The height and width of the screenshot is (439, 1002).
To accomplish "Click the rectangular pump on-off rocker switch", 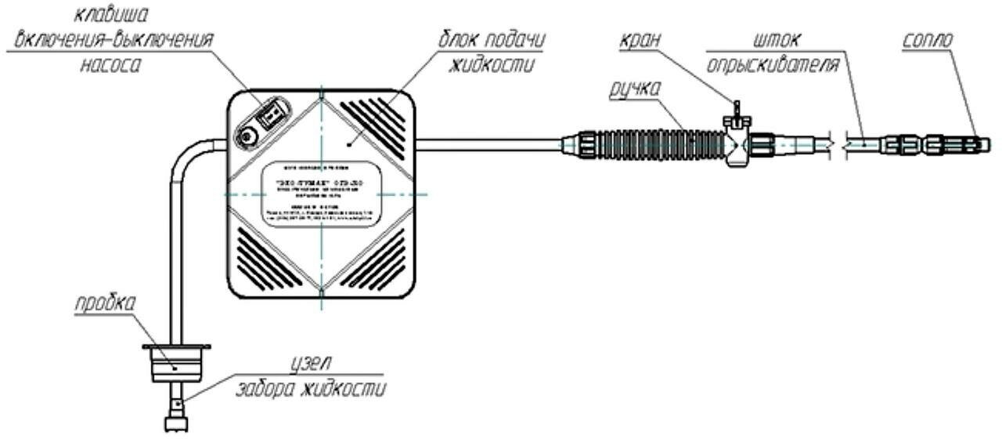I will [272, 117].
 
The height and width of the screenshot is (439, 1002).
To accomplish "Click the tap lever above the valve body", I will [736, 110].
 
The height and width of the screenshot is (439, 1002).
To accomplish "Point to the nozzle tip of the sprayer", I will [983, 143].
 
